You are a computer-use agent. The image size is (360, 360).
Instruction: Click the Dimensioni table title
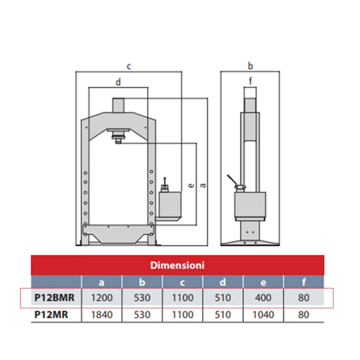tap(177, 265)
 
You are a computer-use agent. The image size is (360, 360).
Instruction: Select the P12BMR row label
tap(54, 297)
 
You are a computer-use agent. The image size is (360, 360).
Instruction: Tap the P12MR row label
tap(51, 315)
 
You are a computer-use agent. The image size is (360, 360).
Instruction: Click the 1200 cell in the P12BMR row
tap(102, 297)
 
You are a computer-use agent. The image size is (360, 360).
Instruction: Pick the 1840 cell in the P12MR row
tap(102, 315)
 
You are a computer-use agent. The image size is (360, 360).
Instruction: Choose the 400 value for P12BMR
tap(263, 297)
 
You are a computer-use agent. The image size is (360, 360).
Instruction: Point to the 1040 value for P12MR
tap(263, 315)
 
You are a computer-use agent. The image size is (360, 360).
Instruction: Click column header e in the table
tap(263, 283)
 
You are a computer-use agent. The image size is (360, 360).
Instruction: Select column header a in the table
tap(102, 283)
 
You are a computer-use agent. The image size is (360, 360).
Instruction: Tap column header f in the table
tap(304, 282)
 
